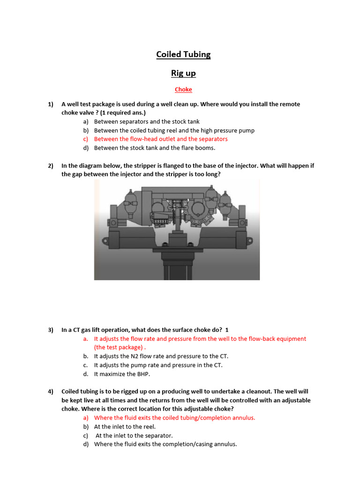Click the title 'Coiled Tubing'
click(x=183, y=54)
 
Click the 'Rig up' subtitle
click(x=183, y=73)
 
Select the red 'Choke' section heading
click(x=183, y=90)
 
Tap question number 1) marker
click(x=51, y=104)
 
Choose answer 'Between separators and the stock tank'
click(x=147, y=121)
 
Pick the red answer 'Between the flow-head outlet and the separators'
click(x=161, y=139)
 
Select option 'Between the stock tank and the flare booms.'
click(x=155, y=148)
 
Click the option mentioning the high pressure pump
click(x=174, y=130)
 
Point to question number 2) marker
click(x=51, y=165)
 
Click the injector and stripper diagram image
click(x=177, y=230)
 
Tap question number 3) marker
click(x=51, y=330)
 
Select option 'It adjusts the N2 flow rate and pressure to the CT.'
click(x=161, y=356)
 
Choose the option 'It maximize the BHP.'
click(x=123, y=374)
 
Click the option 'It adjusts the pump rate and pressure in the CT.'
click(x=158, y=365)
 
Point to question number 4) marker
click(x=51, y=391)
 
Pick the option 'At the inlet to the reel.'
click(x=125, y=427)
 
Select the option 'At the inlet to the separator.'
click(x=134, y=435)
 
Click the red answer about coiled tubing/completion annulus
click(x=174, y=418)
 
